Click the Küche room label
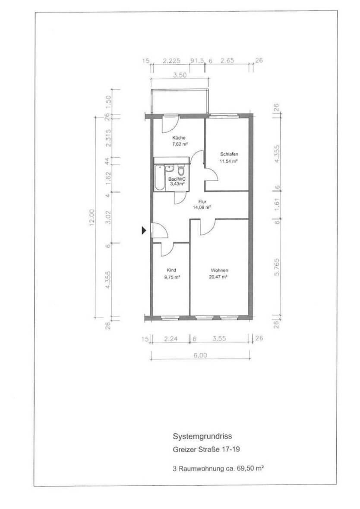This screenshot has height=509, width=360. (179, 138)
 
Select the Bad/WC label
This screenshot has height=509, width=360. (177, 179)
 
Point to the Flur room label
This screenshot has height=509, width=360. (202, 201)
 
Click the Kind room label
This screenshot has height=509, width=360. (171, 270)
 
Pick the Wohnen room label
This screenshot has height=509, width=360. (219, 270)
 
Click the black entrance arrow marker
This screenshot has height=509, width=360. (144, 230)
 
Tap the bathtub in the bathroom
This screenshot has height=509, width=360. (159, 178)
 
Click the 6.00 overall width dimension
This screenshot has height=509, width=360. (200, 355)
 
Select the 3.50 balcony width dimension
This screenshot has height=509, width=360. (179, 75)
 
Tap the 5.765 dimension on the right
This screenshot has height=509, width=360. (277, 267)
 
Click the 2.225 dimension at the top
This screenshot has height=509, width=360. (171, 61)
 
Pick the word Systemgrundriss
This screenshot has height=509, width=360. (202, 437)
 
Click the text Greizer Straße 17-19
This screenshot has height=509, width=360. (206, 449)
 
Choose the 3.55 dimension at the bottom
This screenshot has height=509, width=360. (219, 339)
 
